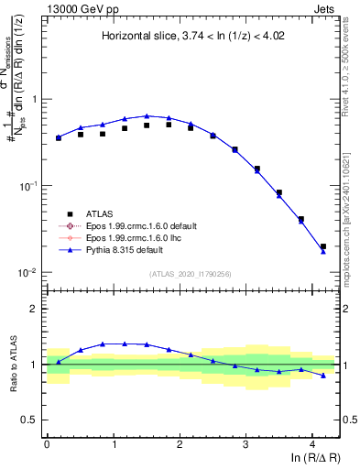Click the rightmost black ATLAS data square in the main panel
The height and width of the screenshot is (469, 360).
point(322,246)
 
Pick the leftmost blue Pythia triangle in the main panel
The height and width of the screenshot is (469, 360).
point(59,136)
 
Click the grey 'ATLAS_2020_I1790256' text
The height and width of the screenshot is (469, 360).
point(191,275)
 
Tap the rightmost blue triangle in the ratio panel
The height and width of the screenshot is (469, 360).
point(322,375)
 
